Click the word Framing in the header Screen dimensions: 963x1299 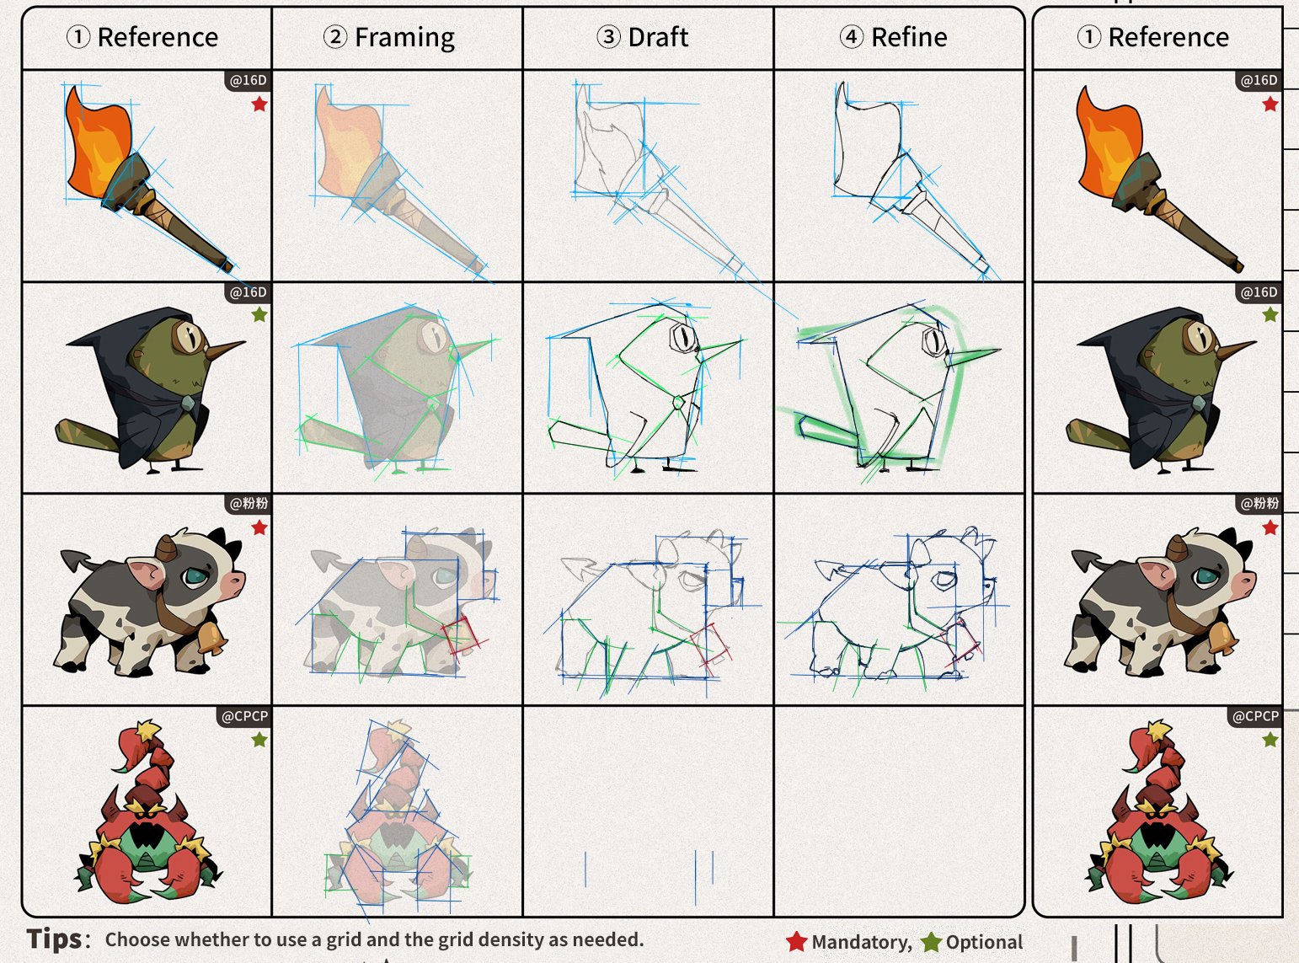[x=404, y=38]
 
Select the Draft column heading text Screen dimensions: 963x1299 [x=658, y=38]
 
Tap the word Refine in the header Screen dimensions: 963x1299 [x=909, y=38]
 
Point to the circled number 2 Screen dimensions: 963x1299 [x=335, y=37]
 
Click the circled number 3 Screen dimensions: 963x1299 [x=608, y=37]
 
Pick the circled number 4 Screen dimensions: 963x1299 [x=852, y=37]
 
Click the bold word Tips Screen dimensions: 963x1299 [x=54, y=939]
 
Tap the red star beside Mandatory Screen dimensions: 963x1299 [x=796, y=942]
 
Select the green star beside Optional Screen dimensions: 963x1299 [x=931, y=942]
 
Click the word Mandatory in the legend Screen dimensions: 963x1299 [x=861, y=942]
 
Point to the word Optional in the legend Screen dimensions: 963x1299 [x=984, y=942]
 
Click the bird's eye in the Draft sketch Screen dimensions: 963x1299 [x=682, y=337]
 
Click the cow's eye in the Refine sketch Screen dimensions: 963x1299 [x=945, y=580]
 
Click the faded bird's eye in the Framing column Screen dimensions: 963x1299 [x=434, y=336]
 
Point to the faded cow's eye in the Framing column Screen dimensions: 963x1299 [x=444, y=577]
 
